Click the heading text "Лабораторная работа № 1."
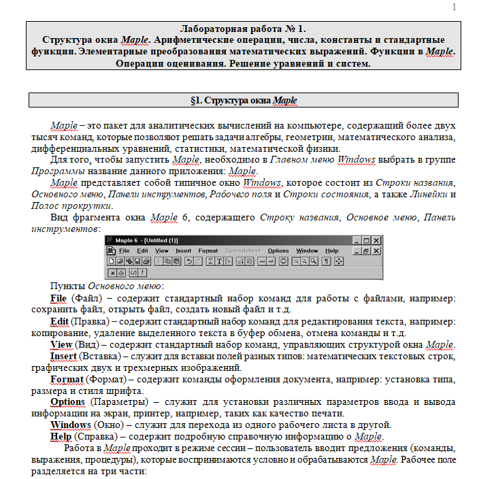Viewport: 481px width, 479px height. [x=243, y=29]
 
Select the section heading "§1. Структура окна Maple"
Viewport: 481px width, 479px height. [x=243, y=100]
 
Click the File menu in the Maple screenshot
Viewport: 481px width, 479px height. [x=125, y=250]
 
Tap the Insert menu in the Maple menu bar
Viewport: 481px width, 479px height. [x=184, y=250]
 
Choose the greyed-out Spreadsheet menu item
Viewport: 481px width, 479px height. [x=242, y=250]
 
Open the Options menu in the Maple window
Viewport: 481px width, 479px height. [x=278, y=250]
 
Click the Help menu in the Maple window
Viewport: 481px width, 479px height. [x=331, y=250]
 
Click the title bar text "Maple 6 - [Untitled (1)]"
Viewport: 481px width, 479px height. [x=146, y=240]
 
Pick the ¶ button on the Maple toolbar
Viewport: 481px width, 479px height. [x=327, y=261]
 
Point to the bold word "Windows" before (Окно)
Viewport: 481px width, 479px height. [x=71, y=425]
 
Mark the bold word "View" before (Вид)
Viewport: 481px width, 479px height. [x=62, y=344]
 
